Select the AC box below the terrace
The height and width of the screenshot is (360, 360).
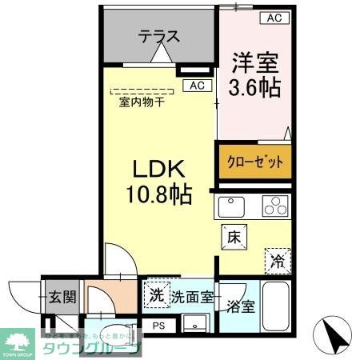click(197, 85)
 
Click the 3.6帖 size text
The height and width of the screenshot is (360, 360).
click(256, 86)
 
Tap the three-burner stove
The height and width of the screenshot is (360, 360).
click(273, 206)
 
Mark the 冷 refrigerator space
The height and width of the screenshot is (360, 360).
click(276, 258)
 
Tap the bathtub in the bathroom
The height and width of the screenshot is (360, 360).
click(277, 308)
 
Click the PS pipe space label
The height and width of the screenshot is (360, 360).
click(158, 326)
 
